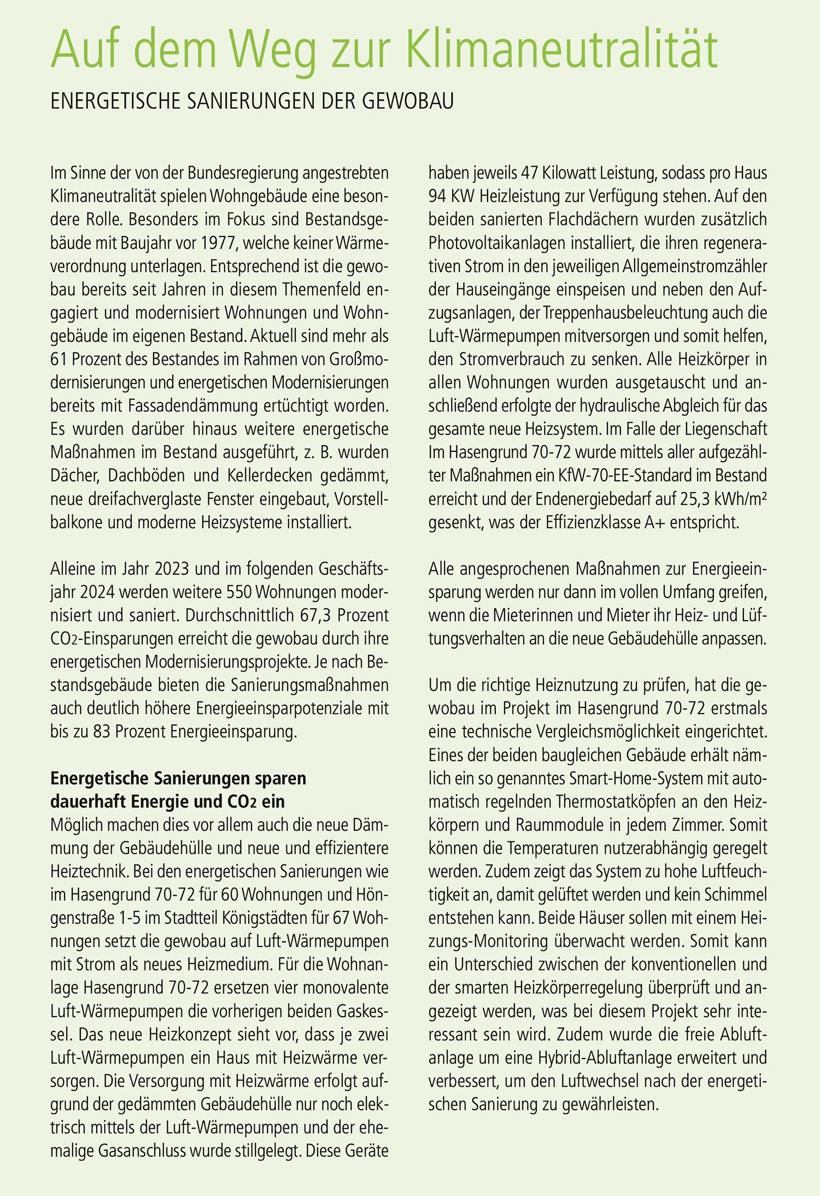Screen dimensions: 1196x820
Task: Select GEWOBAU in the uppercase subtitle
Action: (408, 102)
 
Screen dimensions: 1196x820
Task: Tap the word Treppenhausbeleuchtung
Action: (622, 313)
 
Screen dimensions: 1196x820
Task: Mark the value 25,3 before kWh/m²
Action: (696, 499)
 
